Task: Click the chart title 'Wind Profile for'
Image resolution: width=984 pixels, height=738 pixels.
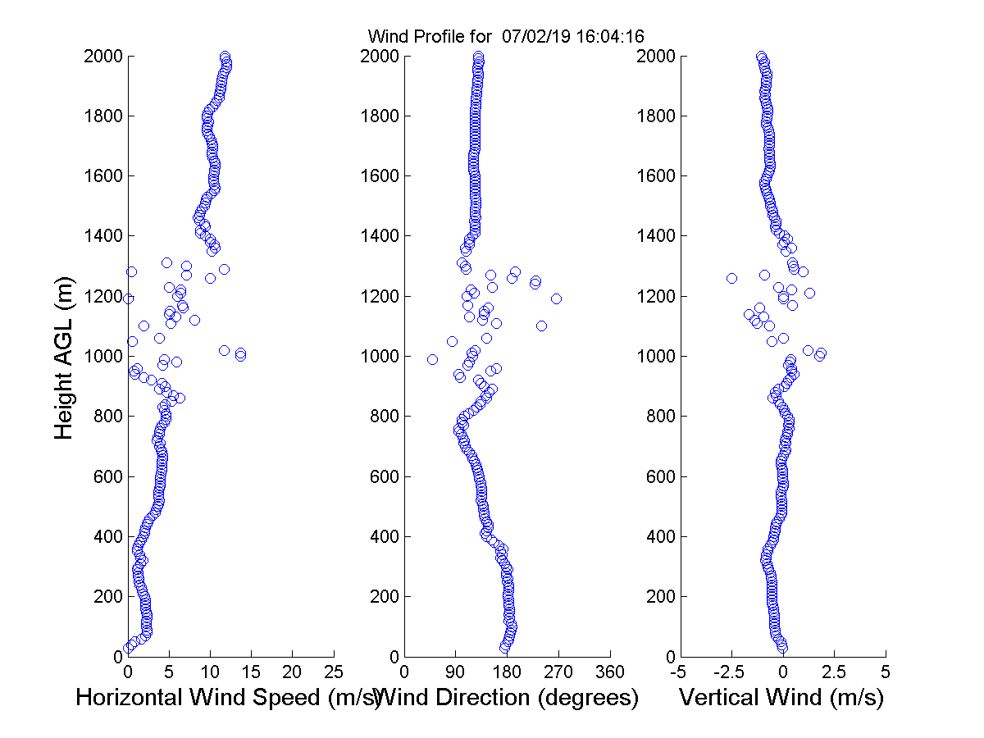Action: pyautogui.click(x=429, y=36)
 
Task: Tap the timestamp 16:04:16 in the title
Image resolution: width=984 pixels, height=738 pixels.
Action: pyautogui.click(x=617, y=36)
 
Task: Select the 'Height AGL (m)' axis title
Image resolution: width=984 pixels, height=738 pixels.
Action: pyautogui.click(x=65, y=357)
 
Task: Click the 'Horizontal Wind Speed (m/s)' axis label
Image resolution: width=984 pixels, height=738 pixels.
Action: pyautogui.click(x=227, y=698)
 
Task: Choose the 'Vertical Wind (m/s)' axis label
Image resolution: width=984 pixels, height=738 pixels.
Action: pyautogui.click(x=781, y=698)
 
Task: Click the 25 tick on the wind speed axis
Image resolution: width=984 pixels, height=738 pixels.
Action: pyautogui.click(x=334, y=672)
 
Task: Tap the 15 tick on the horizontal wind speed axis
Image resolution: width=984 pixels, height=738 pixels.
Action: pyautogui.click(x=251, y=672)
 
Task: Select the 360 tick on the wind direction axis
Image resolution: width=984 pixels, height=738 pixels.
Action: pyautogui.click(x=610, y=672)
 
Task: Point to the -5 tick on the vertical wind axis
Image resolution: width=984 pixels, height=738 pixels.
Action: pyautogui.click(x=679, y=672)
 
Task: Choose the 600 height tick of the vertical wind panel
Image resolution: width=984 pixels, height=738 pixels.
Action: pyautogui.click(x=655, y=476)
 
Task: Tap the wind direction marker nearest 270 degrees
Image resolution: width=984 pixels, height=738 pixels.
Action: pyautogui.click(x=556, y=298)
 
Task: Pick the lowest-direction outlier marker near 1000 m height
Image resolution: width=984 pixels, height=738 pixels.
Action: pyautogui.click(x=432, y=359)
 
